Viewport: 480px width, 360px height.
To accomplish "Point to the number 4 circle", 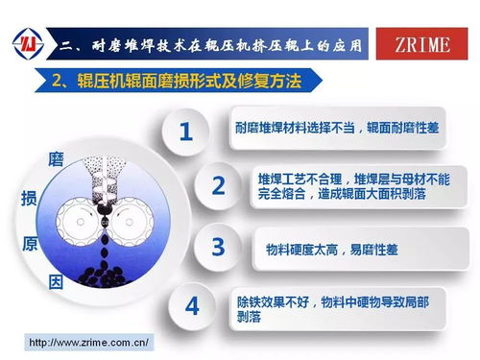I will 192,306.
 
